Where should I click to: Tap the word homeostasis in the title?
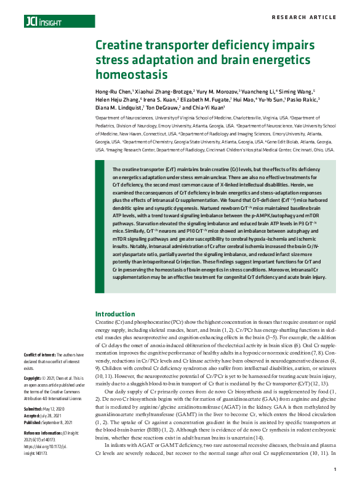pos(131,75)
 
